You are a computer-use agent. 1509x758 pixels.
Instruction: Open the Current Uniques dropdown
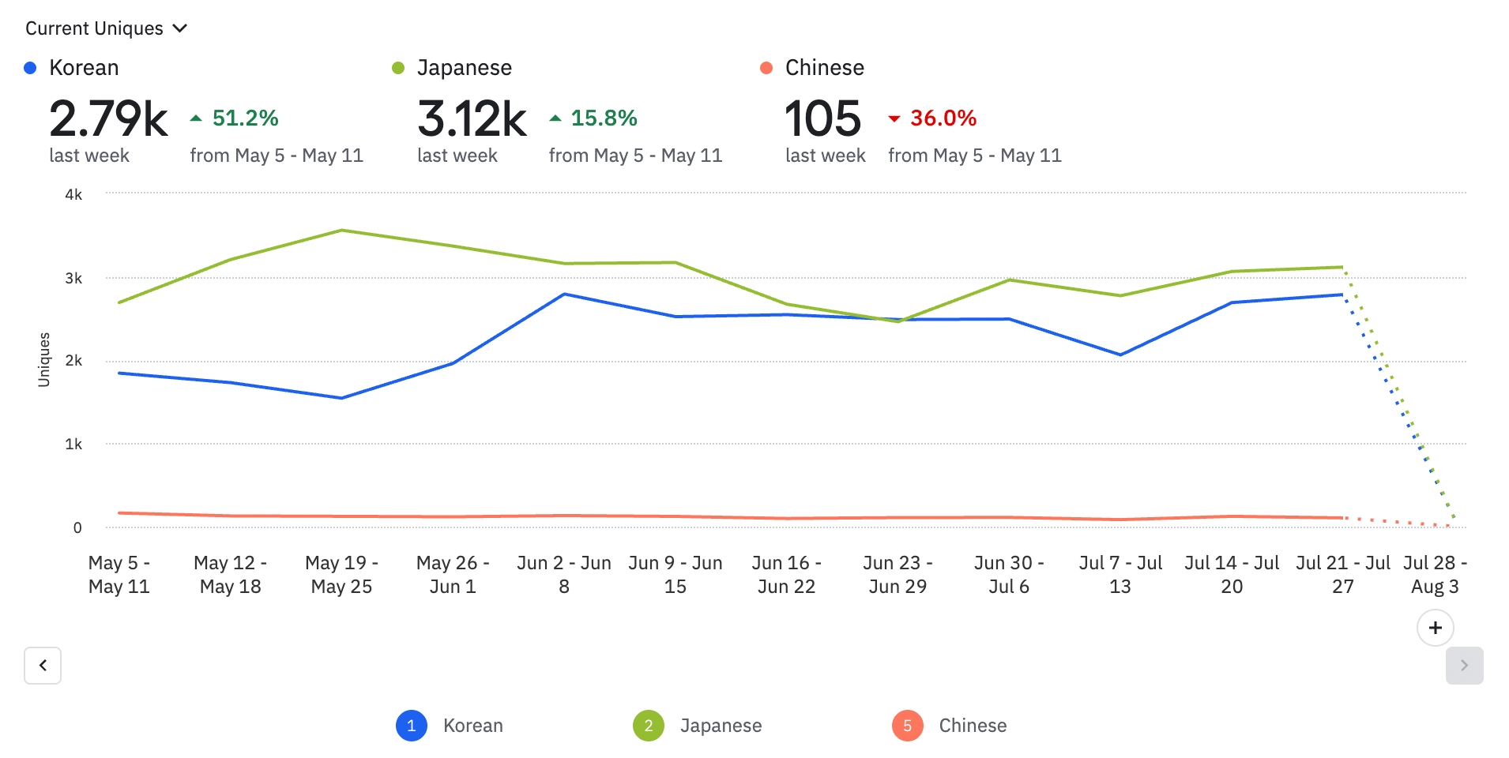106,28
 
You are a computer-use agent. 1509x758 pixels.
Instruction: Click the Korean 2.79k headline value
108,119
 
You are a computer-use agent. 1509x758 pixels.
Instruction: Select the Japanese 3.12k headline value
472,119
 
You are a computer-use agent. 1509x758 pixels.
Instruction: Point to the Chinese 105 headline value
822,119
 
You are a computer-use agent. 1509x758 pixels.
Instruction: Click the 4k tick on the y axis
73,195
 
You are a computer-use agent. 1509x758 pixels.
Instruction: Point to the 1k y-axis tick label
73,445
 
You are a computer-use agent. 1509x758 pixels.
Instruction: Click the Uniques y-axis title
44,359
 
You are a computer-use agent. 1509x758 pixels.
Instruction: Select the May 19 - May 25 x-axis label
341,574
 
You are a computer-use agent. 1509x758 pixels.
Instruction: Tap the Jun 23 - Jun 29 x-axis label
897,574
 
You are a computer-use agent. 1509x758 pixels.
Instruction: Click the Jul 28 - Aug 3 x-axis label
1435,574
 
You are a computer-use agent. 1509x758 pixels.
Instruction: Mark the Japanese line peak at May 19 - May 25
341,231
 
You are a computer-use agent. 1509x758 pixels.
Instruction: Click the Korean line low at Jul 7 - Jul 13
1120,355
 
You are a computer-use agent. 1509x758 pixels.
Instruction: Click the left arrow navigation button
43,665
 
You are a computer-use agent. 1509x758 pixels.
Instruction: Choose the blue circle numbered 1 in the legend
412,726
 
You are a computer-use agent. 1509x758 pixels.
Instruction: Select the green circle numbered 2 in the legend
649,726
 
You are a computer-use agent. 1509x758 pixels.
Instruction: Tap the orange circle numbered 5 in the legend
907,726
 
